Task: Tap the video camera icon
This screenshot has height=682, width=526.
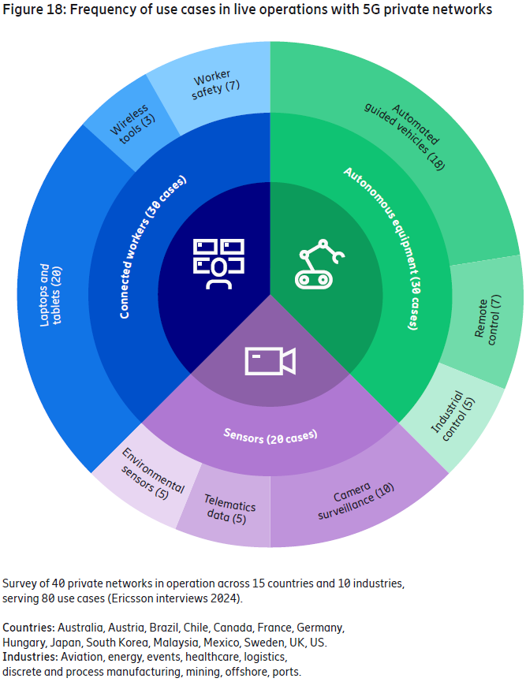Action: pos(270,361)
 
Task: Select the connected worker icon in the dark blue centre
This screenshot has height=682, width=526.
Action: pos(218,263)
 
